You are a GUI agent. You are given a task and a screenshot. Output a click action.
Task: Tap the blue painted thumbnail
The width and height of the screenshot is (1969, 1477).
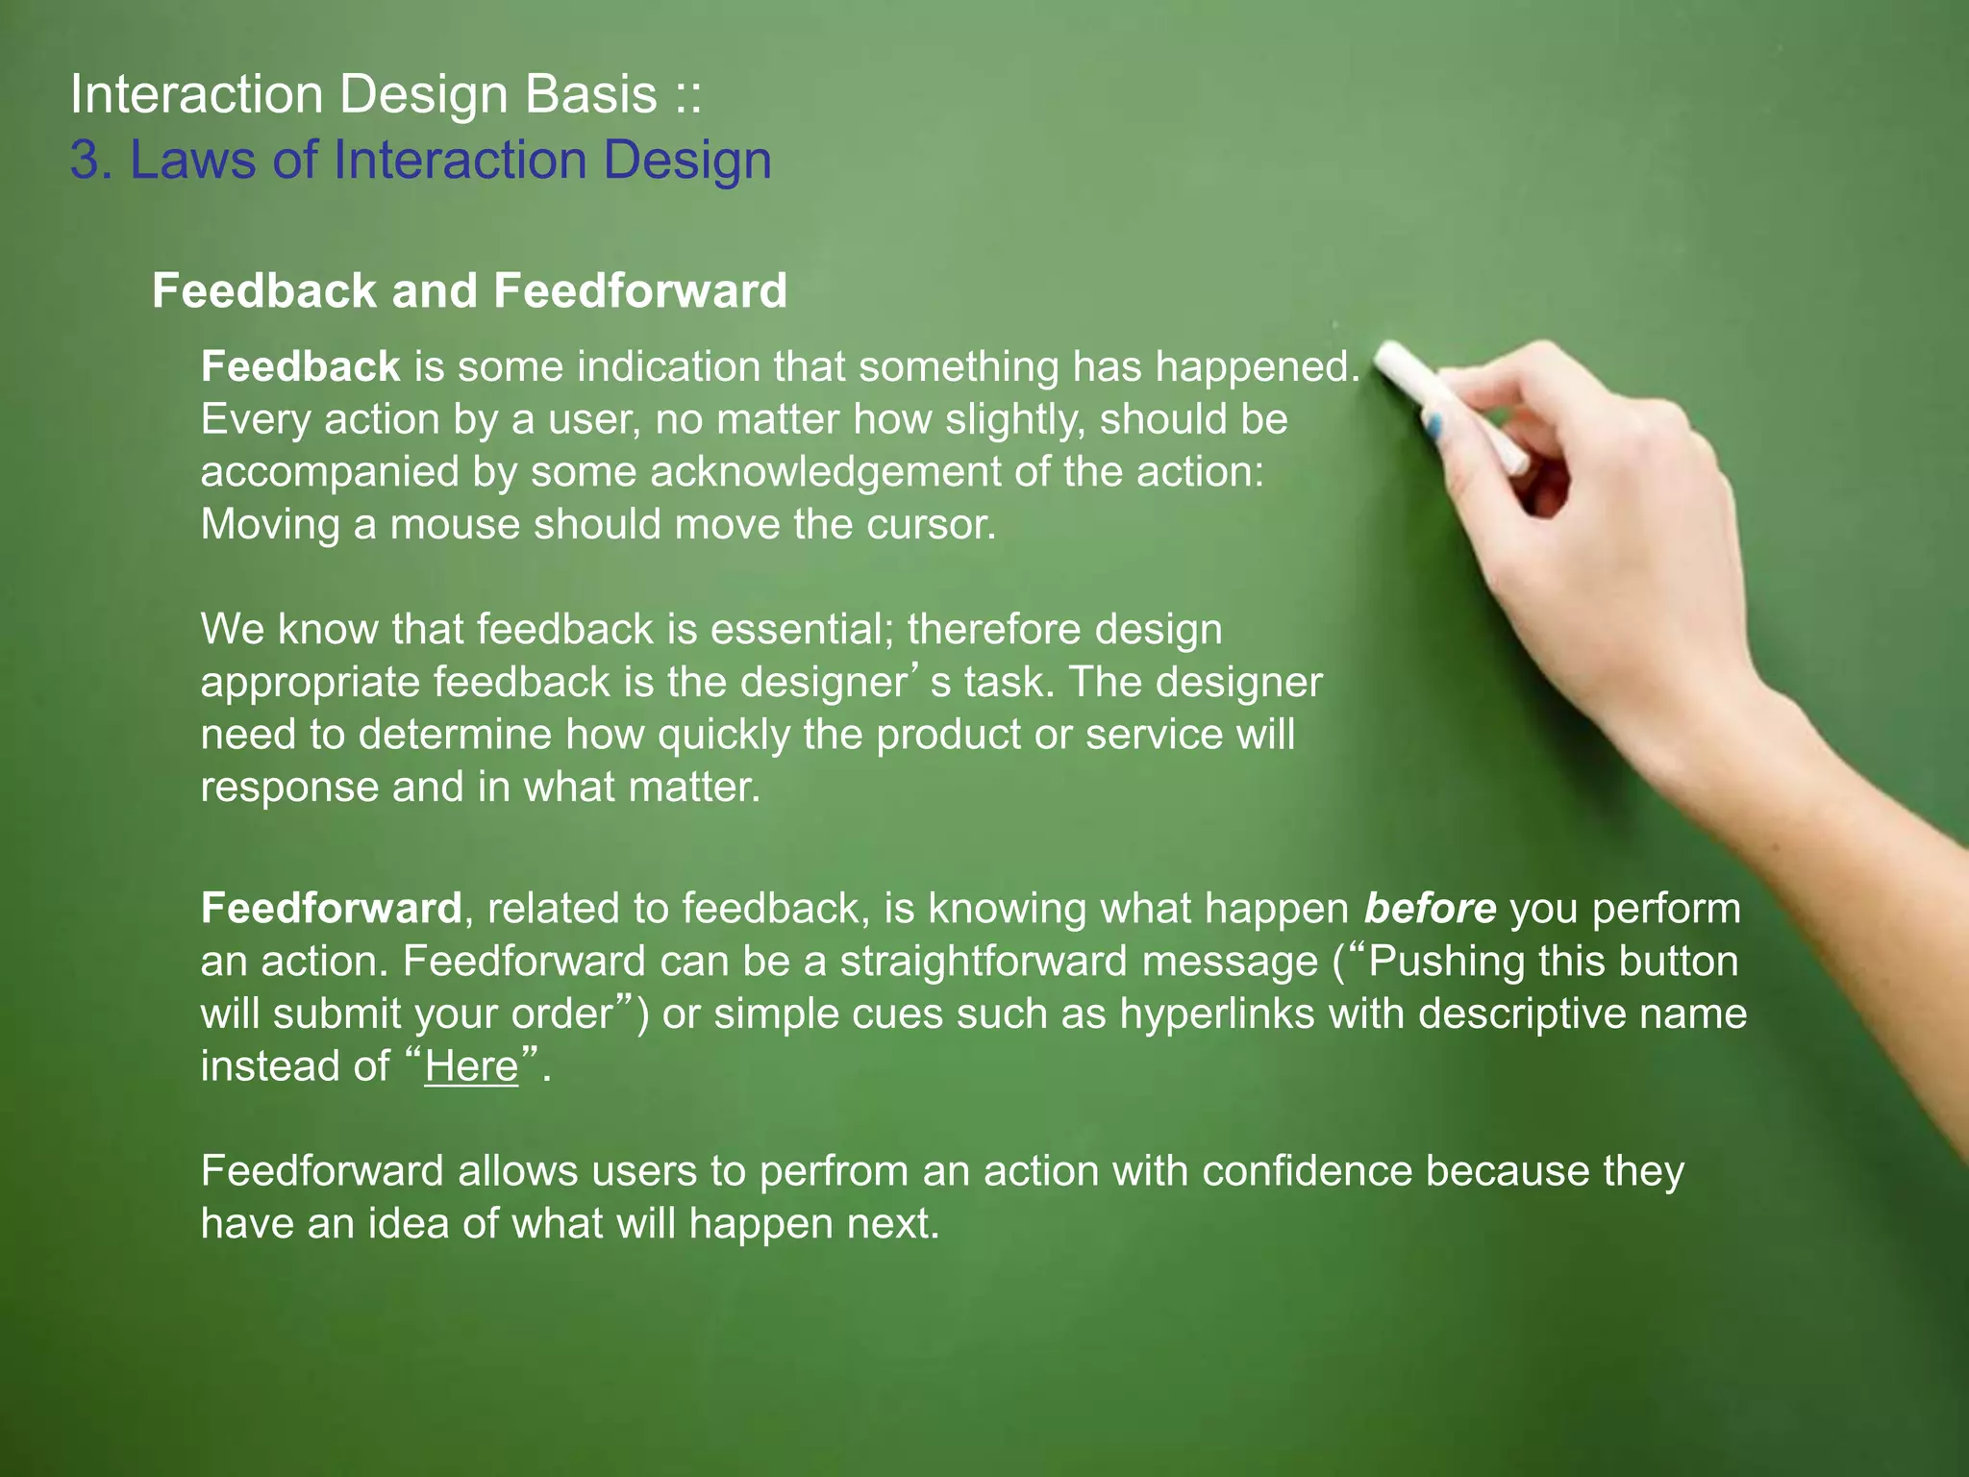pyautogui.click(x=1434, y=424)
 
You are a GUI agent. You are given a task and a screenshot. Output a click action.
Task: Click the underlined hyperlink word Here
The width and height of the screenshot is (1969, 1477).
pyautogui.click(x=471, y=1066)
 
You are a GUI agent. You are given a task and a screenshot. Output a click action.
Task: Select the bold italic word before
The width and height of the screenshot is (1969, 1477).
pyautogui.click(x=1430, y=909)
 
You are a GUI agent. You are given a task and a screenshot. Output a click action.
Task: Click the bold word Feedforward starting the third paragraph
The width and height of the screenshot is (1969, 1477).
pyautogui.click(x=331, y=909)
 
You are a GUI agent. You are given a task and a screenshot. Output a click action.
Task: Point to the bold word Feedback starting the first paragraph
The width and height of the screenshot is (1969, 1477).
pyautogui.click(x=300, y=366)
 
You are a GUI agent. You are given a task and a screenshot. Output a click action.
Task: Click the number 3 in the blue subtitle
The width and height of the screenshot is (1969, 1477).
pyautogui.click(x=86, y=160)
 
